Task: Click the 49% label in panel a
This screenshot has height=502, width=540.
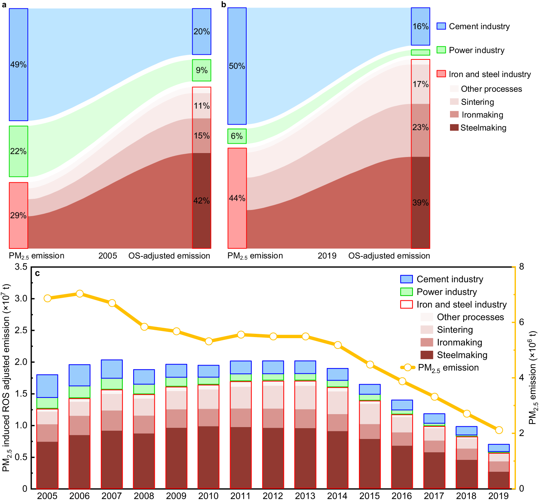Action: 18,65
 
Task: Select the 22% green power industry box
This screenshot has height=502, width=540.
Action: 18,151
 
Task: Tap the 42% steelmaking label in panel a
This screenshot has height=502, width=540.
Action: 202,201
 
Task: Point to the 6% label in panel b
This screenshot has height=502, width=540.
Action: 237,136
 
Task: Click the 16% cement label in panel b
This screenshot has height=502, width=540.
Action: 420,27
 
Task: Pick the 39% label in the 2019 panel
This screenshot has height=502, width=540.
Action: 420,203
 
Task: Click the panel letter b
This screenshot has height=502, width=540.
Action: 224,4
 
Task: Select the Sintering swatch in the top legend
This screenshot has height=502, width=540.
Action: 454,102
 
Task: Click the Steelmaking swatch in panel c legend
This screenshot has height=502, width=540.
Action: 427,355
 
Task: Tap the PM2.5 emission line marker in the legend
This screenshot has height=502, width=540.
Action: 408,368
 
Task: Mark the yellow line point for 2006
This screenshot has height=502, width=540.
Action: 80,294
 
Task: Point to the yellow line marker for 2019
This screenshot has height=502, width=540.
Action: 499,430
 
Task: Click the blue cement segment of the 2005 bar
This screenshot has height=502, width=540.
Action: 47,386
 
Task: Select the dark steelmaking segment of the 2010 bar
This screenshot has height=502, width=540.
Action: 208,457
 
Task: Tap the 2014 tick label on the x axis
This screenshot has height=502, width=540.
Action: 337,496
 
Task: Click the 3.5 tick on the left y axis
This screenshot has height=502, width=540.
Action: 21,267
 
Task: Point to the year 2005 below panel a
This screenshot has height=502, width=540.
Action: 108,256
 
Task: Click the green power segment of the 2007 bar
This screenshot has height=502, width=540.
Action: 112,384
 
